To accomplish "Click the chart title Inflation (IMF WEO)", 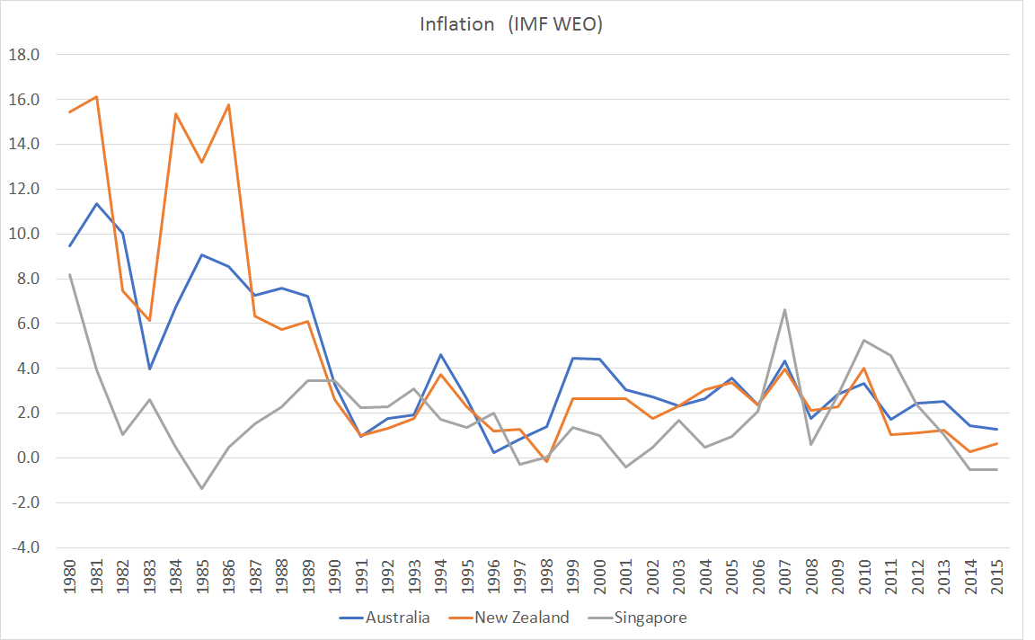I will point(511,24).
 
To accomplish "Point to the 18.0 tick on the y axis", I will point(25,55).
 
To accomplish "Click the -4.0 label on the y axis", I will point(25,547).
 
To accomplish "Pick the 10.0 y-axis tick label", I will point(25,234).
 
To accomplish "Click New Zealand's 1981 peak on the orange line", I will point(96,97).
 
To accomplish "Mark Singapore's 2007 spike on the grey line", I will point(785,310).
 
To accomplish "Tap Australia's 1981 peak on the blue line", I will point(96,203).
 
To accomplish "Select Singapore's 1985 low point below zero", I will point(202,488).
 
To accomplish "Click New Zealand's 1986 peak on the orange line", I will point(228,105).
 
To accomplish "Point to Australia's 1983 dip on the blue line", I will point(149,369).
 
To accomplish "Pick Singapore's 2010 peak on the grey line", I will point(864,340).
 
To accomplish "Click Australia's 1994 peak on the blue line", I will point(440,354).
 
